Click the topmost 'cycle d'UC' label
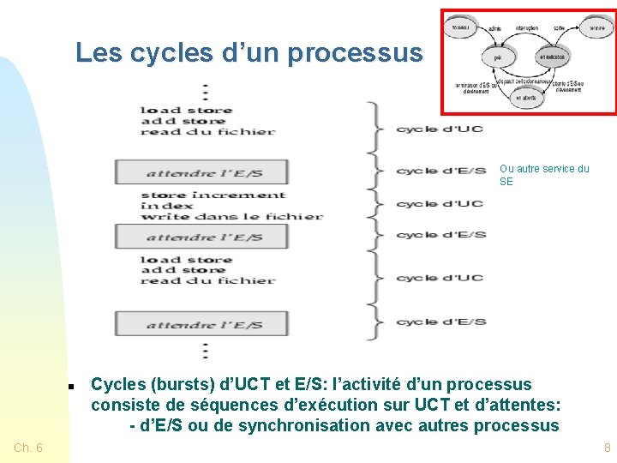pos(439,129)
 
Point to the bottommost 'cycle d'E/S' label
pos(440,322)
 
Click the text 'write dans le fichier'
pos(231,216)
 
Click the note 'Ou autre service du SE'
pos(544,175)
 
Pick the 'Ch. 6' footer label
pos(28,448)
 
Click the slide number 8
pos(607,448)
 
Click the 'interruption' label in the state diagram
pos(527,28)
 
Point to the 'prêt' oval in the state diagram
pos(498,57)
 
